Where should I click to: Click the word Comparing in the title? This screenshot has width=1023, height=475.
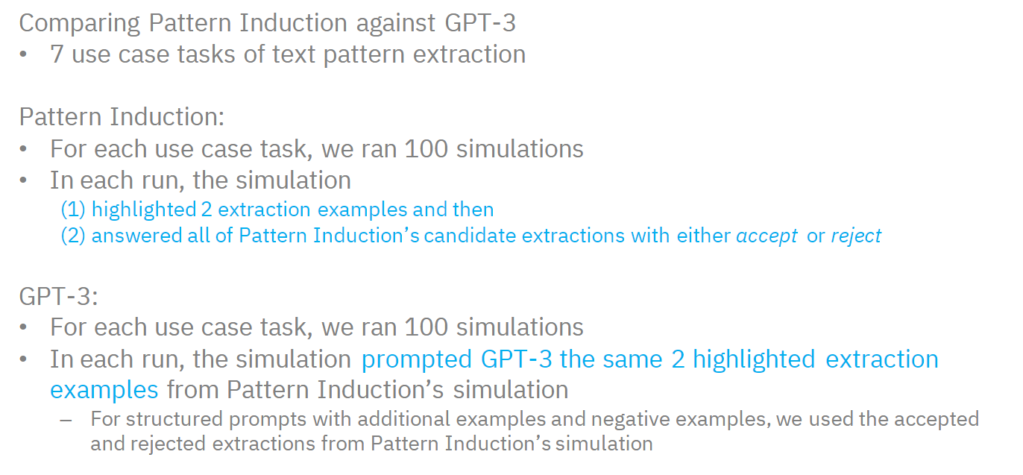coord(80,24)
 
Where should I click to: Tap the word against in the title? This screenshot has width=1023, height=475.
coord(395,23)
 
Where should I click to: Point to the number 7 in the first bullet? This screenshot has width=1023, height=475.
coord(57,54)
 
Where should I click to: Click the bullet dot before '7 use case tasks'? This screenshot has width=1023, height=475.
coord(23,55)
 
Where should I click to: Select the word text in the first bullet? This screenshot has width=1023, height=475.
coord(294,54)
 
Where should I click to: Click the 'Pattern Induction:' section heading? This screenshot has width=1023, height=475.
coord(122,116)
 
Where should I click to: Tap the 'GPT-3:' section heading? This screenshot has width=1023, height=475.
coord(58,296)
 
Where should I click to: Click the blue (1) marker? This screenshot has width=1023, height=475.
coord(73,210)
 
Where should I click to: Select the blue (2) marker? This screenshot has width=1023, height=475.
coord(73,236)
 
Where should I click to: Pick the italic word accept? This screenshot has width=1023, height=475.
coord(767,236)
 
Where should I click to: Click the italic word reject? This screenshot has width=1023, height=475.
coord(856,236)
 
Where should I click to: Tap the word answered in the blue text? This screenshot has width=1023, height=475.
coord(137,236)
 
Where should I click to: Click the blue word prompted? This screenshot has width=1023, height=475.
coord(417,359)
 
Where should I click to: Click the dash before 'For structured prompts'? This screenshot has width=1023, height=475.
coord(66,421)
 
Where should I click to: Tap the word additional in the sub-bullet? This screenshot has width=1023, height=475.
coord(403,419)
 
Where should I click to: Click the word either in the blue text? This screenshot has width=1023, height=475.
coord(703,236)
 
